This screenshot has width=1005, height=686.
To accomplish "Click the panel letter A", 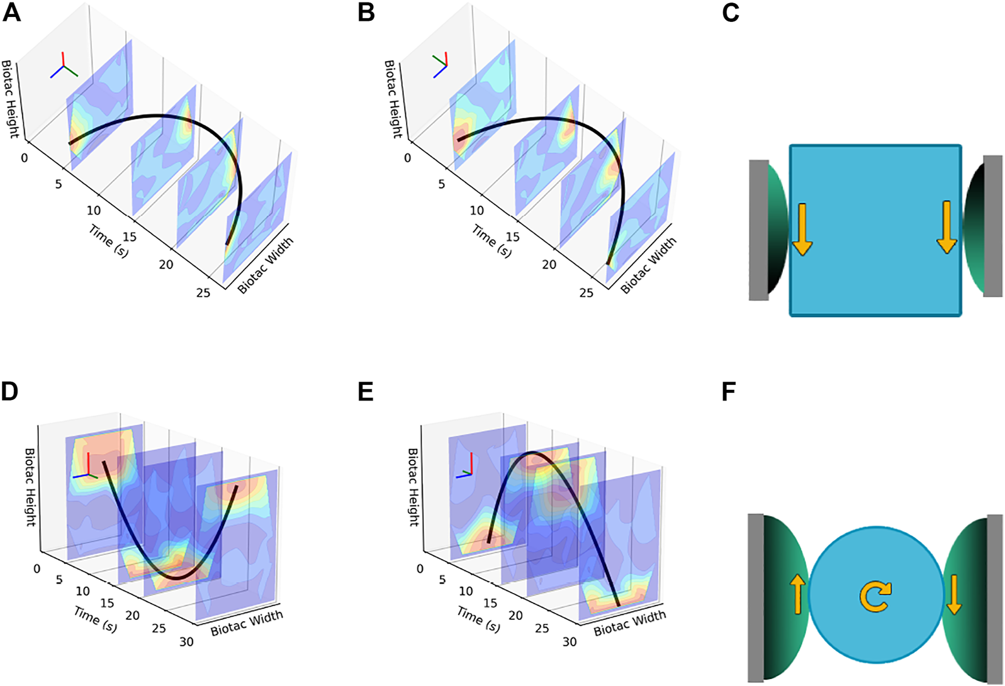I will pyautogui.click(x=12, y=13).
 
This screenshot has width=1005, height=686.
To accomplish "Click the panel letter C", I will pyautogui.click(x=731, y=13).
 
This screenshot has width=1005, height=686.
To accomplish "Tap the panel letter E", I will pyautogui.click(x=366, y=392).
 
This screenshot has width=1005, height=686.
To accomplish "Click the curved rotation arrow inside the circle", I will pyautogui.click(x=875, y=595).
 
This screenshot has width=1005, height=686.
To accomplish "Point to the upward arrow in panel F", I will pyautogui.click(x=797, y=595).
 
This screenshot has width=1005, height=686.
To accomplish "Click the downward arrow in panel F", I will pyautogui.click(x=953, y=595).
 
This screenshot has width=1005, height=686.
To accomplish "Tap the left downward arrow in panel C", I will pyautogui.click(x=802, y=229).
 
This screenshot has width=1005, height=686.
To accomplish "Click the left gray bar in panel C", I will pyautogui.click(x=758, y=230).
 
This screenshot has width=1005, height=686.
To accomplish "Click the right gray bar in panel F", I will pyautogui.click(x=995, y=599).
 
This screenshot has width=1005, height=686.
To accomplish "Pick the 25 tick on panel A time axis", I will pyautogui.click(x=203, y=292).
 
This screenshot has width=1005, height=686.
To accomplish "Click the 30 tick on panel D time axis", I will pyautogui.click(x=186, y=642).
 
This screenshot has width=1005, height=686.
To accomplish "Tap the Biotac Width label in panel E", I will pyautogui.click(x=629, y=622).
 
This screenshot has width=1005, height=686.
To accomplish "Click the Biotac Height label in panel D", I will pyautogui.click(x=30, y=487).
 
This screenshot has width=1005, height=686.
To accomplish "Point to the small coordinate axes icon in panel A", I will pyautogui.click(x=64, y=66).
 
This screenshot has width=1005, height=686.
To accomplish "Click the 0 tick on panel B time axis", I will pyautogui.click(x=408, y=158).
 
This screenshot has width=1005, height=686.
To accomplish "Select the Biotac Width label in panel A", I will pyautogui.click(x=265, y=266).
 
